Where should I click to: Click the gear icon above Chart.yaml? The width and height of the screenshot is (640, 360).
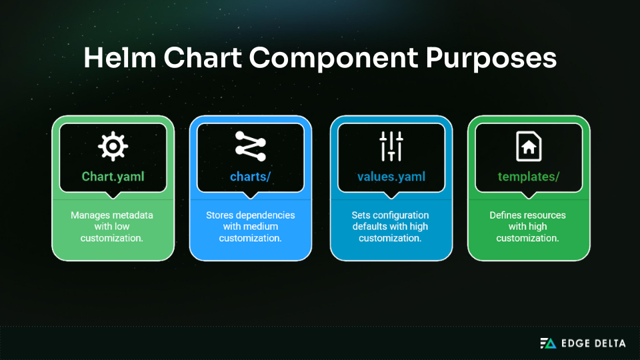pyautogui.click(x=113, y=146)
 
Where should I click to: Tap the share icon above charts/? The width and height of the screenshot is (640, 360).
pyautogui.click(x=251, y=146)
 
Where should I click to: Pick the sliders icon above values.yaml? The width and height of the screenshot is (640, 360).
pyautogui.click(x=391, y=146)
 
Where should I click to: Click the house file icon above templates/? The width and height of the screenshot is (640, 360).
pyautogui.click(x=529, y=146)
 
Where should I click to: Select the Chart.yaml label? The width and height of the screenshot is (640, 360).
pyautogui.click(x=113, y=177)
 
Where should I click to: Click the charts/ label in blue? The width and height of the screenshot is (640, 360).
pyautogui.click(x=251, y=177)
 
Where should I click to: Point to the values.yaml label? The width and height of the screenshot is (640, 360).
pyautogui.click(x=391, y=177)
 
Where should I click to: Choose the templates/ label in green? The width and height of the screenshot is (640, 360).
pyautogui.click(x=529, y=177)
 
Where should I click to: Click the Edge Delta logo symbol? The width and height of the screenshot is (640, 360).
pyautogui.click(x=547, y=343)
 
